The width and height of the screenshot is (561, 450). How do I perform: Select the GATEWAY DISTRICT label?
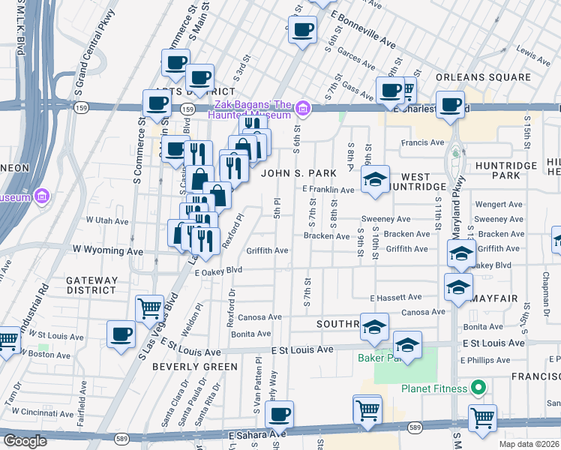pyautogui.click(x=91, y=285)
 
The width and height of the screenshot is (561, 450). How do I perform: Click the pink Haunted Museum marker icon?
pyautogui.click(x=303, y=109)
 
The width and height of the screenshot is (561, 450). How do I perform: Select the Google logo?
pyautogui.click(x=25, y=440)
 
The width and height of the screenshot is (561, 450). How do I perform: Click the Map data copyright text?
pyautogui.click(x=529, y=444)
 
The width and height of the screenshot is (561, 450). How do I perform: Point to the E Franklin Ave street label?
pyautogui.click(x=328, y=190)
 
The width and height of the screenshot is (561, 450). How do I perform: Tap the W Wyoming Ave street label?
pyautogui.click(x=107, y=249)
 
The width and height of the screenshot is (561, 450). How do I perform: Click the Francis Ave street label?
pyautogui.click(x=422, y=142)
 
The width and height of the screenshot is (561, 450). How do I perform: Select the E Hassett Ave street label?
pyautogui.click(x=395, y=297)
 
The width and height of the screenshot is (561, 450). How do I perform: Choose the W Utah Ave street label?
pyautogui.click(x=108, y=220)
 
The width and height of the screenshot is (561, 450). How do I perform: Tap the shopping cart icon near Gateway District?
pyautogui.click(x=149, y=307)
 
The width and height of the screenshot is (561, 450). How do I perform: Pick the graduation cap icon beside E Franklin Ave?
pyautogui.click(x=375, y=179)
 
